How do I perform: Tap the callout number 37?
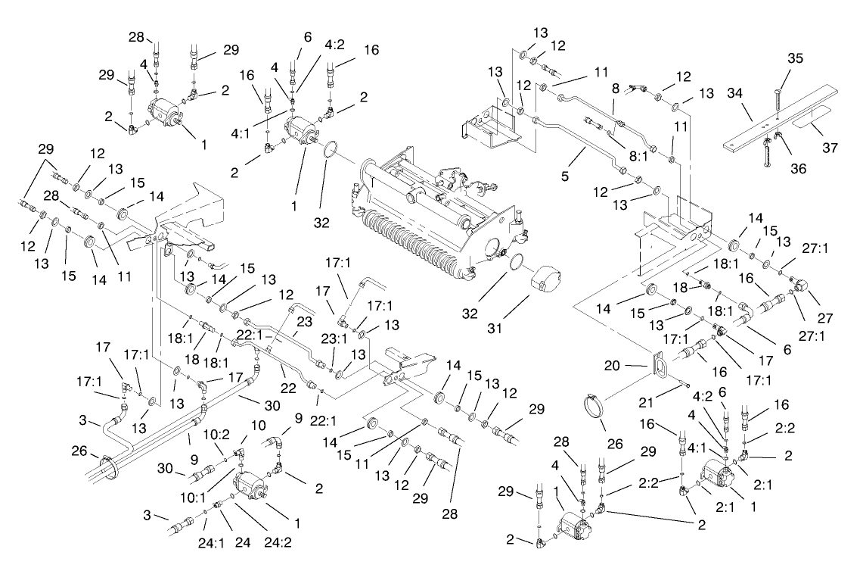tap(830, 148)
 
